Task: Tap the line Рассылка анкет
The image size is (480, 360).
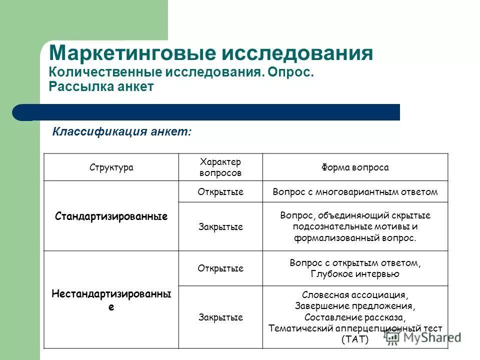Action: [101, 86]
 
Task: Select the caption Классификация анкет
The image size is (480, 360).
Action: [122, 132]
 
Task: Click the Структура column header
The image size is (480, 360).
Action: [111, 167]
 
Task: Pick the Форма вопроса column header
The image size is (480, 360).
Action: [355, 167]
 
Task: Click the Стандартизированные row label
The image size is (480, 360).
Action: [111, 216]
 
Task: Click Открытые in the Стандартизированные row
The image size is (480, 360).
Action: [220, 192]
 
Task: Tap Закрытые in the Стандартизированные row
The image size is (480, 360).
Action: [220, 227]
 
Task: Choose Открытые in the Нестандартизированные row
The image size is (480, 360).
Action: [220, 268]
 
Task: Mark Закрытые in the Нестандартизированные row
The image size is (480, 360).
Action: [220, 317]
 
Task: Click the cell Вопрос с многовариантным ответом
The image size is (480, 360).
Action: [355, 192]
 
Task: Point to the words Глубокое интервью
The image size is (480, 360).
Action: [355, 273]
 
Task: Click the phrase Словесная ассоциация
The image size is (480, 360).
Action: [355, 295]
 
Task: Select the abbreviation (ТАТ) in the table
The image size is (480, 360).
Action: [355, 339]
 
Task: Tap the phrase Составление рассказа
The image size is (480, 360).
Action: [355, 317]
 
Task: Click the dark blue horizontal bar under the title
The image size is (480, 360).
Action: [210, 112]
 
